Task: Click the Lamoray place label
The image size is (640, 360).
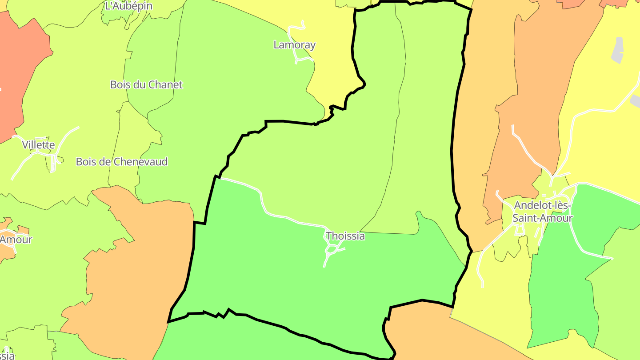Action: [294, 45]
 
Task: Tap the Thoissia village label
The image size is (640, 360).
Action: [345, 236]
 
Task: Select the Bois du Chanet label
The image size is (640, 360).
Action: [146, 84]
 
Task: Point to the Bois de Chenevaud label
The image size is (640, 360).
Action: [121, 162]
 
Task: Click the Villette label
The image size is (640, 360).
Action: [39, 145]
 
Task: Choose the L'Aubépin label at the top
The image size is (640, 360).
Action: [128, 6]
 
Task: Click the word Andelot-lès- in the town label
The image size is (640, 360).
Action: [542, 205]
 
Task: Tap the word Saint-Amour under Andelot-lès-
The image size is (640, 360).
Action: [542, 218]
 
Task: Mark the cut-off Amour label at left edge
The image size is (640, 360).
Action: [16, 240]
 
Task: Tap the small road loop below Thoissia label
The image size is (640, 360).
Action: [331, 251]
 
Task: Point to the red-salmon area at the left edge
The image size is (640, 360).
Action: [18, 67]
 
